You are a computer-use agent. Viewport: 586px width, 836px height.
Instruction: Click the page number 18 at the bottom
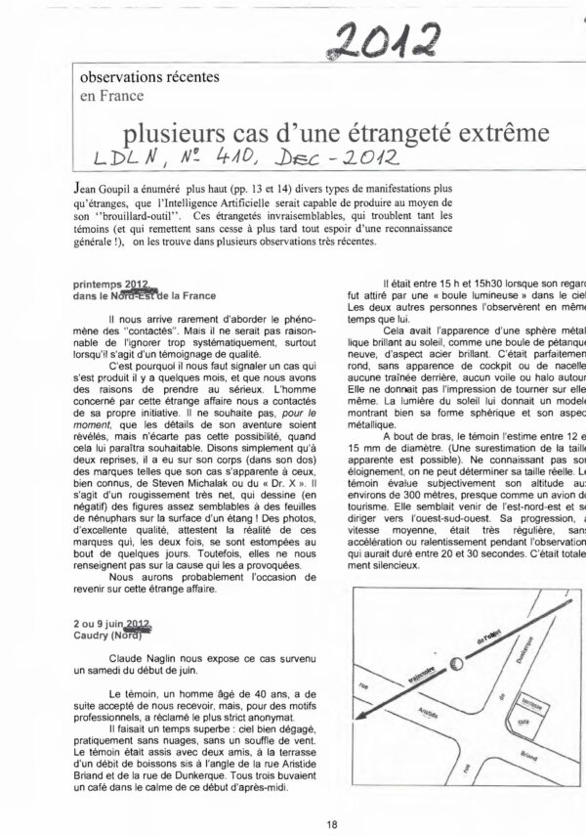click(333, 825)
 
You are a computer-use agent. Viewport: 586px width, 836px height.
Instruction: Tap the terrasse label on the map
click(554, 704)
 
